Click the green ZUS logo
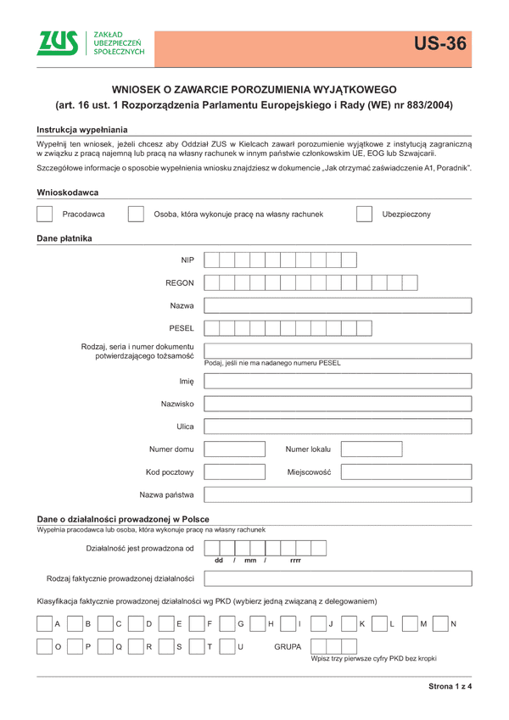57,43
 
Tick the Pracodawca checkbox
45,215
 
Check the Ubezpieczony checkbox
364,215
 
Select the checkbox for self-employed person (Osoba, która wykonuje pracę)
135,215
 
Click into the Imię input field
338,382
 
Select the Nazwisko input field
338,404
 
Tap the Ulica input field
338,427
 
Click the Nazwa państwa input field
338,494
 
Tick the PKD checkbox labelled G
227,624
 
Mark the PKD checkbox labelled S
165,647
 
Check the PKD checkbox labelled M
410,624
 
